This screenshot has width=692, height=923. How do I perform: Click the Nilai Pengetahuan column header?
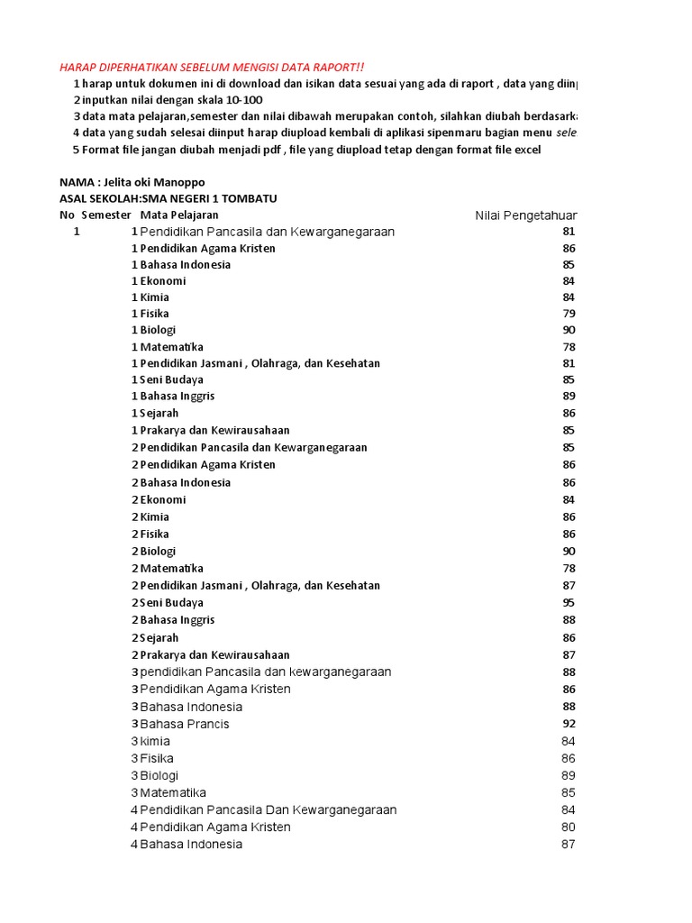click(526, 215)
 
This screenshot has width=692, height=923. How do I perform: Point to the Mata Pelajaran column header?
click(179, 215)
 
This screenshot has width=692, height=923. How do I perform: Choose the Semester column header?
click(106, 215)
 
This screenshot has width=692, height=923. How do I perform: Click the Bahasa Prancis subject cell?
click(185, 724)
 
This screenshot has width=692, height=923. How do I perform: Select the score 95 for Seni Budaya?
click(569, 602)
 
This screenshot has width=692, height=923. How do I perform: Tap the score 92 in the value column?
click(569, 724)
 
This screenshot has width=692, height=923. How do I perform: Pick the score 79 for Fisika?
click(569, 314)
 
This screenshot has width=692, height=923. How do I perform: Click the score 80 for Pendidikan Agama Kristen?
click(569, 827)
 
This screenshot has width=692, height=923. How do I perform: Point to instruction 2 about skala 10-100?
click(168, 99)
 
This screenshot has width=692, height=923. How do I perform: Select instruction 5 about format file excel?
click(306, 149)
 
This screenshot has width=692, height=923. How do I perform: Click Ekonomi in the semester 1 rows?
click(163, 280)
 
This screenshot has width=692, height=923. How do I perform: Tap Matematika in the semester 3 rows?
click(173, 792)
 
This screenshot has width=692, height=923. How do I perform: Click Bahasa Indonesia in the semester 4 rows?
click(191, 844)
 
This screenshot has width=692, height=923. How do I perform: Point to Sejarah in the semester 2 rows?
click(159, 637)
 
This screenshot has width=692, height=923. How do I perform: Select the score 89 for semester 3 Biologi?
click(569, 775)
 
